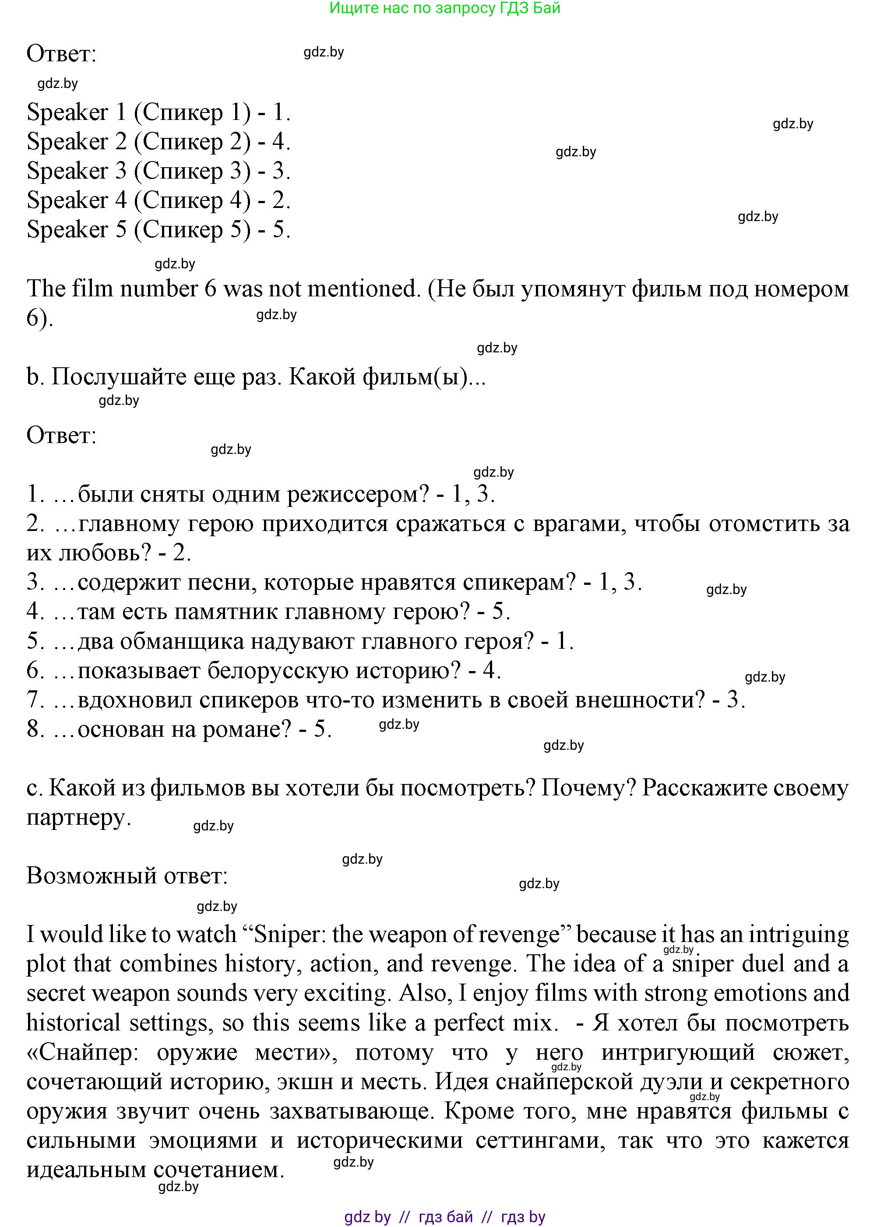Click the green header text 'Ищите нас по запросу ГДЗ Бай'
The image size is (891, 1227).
point(445,8)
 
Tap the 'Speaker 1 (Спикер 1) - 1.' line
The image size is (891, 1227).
point(158,112)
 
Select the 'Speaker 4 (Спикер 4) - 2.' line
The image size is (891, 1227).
point(158,200)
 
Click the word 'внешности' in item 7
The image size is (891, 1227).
point(647,700)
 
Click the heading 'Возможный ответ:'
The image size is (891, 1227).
point(127,875)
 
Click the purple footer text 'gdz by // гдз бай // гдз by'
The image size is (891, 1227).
point(445,1217)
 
